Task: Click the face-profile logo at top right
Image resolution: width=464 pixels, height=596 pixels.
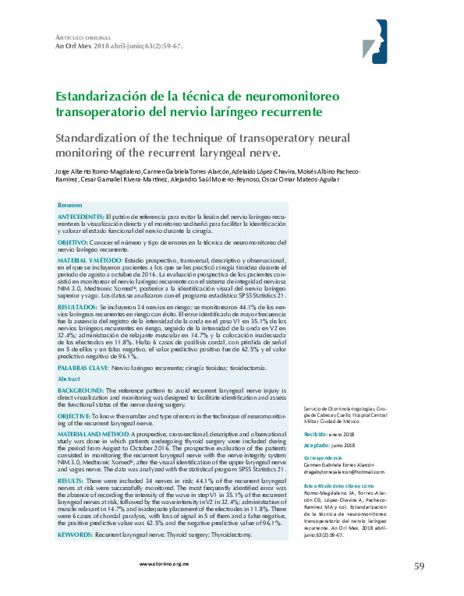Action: pyautogui.click(x=379, y=41)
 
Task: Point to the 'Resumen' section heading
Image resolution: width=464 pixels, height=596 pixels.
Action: pyautogui.click(x=69, y=204)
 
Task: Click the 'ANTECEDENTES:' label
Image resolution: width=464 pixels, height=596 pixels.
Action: pyautogui.click(x=80, y=214)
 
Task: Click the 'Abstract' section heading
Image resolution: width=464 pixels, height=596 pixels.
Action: pyautogui.click(x=69, y=378)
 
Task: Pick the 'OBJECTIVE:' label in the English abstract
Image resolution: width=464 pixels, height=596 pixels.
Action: pyautogui.click(x=76, y=417)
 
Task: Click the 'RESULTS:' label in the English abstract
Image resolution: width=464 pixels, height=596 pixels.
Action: pyautogui.click(x=72, y=482)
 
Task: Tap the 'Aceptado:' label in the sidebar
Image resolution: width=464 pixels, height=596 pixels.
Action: pyautogui.click(x=317, y=445)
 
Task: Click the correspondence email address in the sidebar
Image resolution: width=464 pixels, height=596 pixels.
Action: pyautogui.click(x=345, y=473)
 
